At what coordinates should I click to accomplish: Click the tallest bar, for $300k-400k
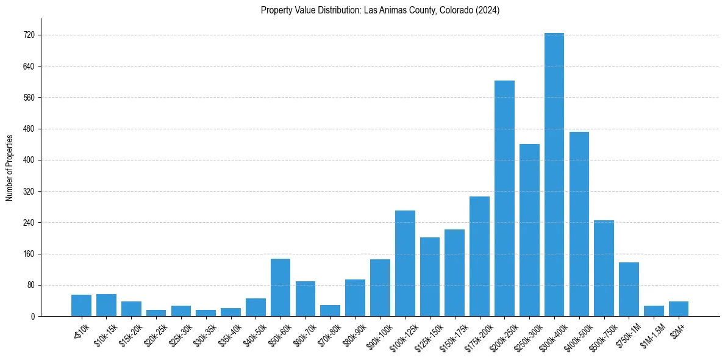[554, 175]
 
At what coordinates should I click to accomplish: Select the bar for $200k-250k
[504, 198]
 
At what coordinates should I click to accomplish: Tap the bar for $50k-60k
[280, 287]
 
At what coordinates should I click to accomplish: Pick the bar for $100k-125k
[405, 263]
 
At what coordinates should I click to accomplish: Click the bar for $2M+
[678, 309]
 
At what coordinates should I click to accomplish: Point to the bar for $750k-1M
[629, 289]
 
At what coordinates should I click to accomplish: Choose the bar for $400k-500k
[579, 224]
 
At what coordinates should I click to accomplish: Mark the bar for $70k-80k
[330, 311]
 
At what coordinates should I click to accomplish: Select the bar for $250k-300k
[529, 230]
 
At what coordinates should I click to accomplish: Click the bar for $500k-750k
[604, 268]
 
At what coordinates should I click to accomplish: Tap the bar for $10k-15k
[106, 305]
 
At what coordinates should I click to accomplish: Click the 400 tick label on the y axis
[32, 160]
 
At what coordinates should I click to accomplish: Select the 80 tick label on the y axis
[34, 285]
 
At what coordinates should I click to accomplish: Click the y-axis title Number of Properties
[9, 167]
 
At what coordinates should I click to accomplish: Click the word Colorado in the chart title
[455, 10]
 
